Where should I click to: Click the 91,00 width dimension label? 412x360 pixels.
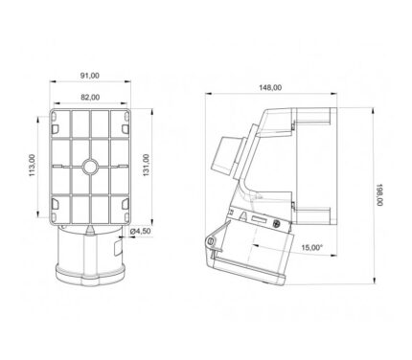click(x=89, y=76)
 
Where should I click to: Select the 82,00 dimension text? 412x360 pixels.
click(x=90, y=98)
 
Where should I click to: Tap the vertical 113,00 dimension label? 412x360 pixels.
click(x=32, y=166)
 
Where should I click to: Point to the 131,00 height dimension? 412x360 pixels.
click(x=146, y=166)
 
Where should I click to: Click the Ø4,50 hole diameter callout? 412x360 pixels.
click(x=140, y=231)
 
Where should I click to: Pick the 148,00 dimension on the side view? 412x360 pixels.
click(x=270, y=87)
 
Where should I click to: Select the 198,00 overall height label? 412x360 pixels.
click(x=379, y=194)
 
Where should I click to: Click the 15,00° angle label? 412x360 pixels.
click(x=312, y=247)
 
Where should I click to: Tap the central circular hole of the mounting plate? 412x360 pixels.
click(x=90, y=167)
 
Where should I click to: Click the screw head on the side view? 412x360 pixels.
click(x=277, y=224)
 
